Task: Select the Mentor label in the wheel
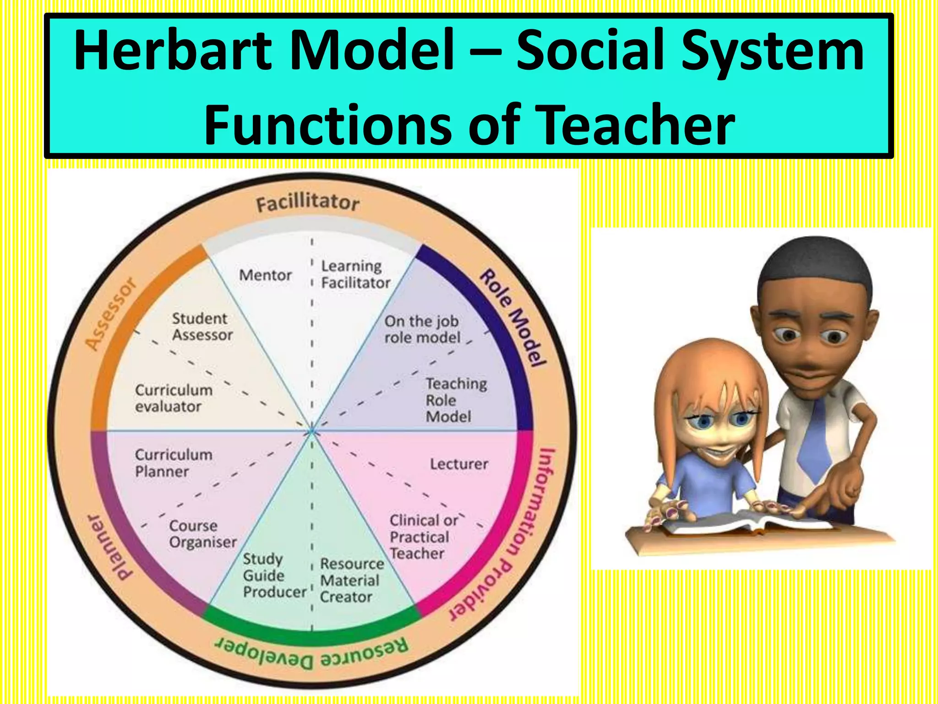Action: tap(265, 275)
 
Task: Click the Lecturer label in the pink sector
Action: tap(459, 464)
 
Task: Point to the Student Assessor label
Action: tap(202, 327)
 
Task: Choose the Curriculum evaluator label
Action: tap(174, 398)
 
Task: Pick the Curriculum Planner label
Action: tap(174, 463)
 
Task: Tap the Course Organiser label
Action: tap(202, 534)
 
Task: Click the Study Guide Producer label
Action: tap(273, 576)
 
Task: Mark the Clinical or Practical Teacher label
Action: tap(423, 537)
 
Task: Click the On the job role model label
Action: tap(422, 330)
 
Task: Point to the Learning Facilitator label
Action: tap(355, 275)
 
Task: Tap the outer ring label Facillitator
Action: tap(307, 203)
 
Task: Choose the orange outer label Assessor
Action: tap(111, 314)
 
